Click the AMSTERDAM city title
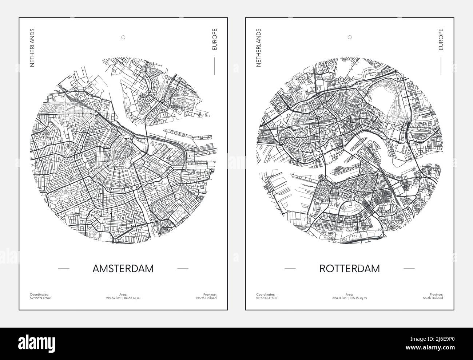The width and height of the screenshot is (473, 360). click(x=123, y=269)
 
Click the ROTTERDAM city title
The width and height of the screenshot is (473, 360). click(x=349, y=269)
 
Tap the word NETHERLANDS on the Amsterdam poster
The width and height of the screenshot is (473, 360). click(x=32, y=48)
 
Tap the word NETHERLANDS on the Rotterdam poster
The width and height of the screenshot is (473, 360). click(x=259, y=48)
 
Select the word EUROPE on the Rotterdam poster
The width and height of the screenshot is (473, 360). click(x=441, y=39)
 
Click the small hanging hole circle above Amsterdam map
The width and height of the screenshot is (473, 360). click(x=123, y=37)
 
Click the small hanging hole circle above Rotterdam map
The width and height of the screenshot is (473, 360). click(x=349, y=37)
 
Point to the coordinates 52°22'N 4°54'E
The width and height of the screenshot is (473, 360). click(x=41, y=298)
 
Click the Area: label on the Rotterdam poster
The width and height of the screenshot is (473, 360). click(x=349, y=294)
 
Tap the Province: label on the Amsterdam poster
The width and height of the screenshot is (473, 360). click(x=210, y=294)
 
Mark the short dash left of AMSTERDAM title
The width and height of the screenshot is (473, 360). click(x=64, y=269)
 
